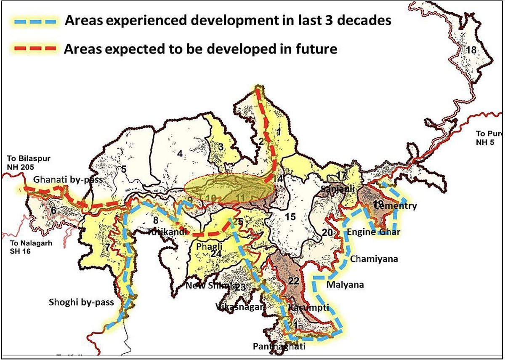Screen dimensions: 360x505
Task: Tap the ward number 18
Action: [x=471, y=50]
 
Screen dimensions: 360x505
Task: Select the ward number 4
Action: [x=180, y=154]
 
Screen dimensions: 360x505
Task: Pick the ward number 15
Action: [x=290, y=217]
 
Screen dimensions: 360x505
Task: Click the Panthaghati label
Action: [x=279, y=347]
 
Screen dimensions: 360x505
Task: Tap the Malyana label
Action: [x=345, y=285]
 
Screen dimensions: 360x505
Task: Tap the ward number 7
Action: [x=108, y=247]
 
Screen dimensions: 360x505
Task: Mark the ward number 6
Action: [x=53, y=211]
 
